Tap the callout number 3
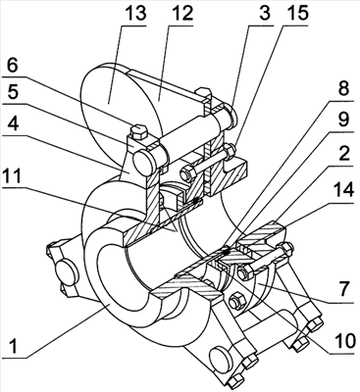tap(264, 14)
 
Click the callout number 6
tap(13, 67)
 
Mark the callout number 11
tap(15, 175)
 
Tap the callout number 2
tap(343, 154)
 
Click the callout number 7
tap(345, 290)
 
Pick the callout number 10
tap(342, 341)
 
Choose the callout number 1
tap(13, 346)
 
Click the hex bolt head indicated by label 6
tap(138, 130)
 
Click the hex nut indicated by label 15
tap(231, 151)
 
